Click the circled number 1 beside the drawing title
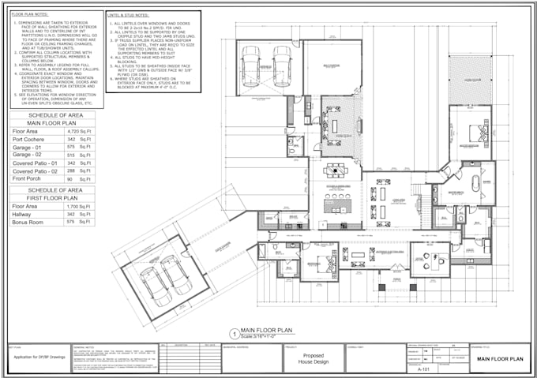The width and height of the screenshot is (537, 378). [233, 334]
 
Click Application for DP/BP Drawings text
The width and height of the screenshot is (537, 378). [38, 360]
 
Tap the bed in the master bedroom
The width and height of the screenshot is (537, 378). [477, 133]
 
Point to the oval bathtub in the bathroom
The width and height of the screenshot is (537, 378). [475, 184]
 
